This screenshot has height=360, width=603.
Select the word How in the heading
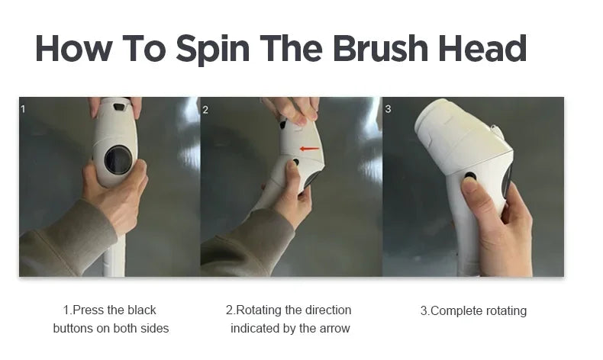click(75, 48)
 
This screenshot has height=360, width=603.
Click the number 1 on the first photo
click(23, 109)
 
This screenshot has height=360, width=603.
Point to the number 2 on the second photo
click(205, 109)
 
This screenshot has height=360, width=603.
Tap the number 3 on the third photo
click(388, 109)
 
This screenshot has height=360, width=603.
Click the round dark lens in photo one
click(118, 160)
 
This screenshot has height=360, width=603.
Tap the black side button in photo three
click(470, 177)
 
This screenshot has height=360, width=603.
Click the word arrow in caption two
click(334, 329)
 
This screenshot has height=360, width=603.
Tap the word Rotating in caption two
click(259, 310)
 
